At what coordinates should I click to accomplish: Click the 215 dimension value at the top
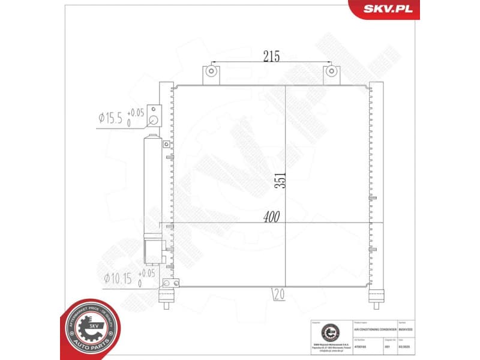[271, 56]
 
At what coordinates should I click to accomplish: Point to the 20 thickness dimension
[279, 294]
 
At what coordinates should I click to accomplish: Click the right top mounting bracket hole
[330, 72]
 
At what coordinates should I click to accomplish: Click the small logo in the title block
[329, 331]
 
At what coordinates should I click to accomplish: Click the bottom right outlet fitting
[376, 295]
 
